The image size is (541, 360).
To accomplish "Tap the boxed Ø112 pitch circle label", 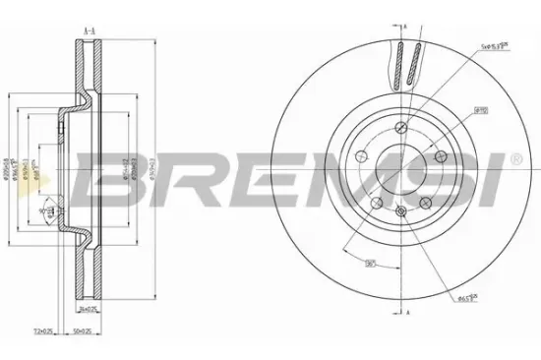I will click(x=482, y=113).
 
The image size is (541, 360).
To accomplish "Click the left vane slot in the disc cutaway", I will click(x=400, y=66).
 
